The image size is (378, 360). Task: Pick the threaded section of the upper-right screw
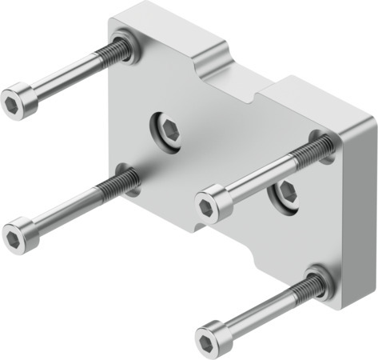(312, 150)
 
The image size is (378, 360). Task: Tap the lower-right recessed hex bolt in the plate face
(284, 192)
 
